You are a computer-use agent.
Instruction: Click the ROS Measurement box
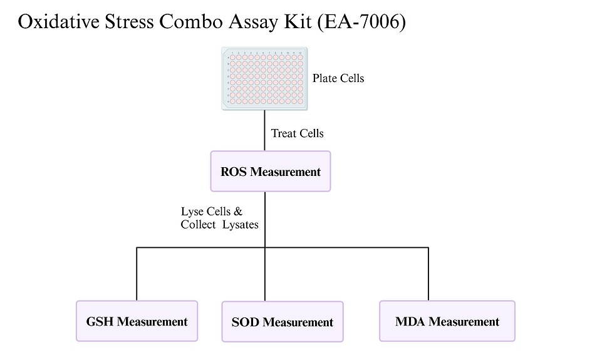[270, 172]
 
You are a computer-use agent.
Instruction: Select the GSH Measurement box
[137, 321]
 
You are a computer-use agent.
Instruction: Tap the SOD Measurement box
[282, 322]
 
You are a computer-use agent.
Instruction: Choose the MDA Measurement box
[447, 321]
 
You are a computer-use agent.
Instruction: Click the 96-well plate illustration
[264, 79]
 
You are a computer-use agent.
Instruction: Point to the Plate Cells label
[338, 78]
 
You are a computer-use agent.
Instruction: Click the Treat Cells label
[297, 133]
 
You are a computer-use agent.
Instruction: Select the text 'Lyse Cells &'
[211, 212]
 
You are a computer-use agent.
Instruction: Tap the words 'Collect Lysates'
[219, 225]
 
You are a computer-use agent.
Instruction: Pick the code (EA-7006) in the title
[361, 22]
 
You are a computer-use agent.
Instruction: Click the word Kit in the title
[298, 22]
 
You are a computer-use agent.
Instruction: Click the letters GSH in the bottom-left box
[100, 322]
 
